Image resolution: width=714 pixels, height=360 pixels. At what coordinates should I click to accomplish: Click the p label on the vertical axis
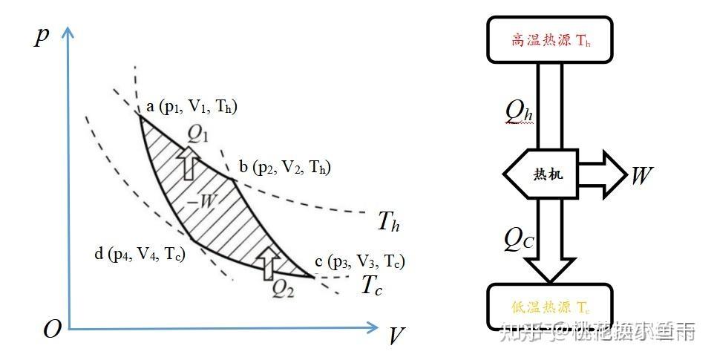point(42,37)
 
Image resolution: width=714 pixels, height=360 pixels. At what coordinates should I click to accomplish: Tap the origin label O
point(52,330)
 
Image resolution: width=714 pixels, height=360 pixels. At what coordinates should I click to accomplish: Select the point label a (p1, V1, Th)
point(191,108)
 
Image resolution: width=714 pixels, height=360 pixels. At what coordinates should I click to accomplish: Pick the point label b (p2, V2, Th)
point(284,168)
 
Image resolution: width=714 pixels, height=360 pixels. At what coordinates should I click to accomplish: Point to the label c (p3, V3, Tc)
point(360,261)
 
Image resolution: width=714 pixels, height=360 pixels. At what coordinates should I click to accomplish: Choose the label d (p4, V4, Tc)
point(139,255)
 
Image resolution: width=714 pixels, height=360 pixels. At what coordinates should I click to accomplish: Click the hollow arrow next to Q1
point(189,163)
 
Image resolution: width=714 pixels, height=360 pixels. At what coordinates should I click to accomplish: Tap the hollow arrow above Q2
point(269,261)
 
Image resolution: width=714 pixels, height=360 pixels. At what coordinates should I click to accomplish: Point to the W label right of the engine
point(642,175)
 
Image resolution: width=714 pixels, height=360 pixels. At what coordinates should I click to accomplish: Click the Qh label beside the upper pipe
point(518,112)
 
